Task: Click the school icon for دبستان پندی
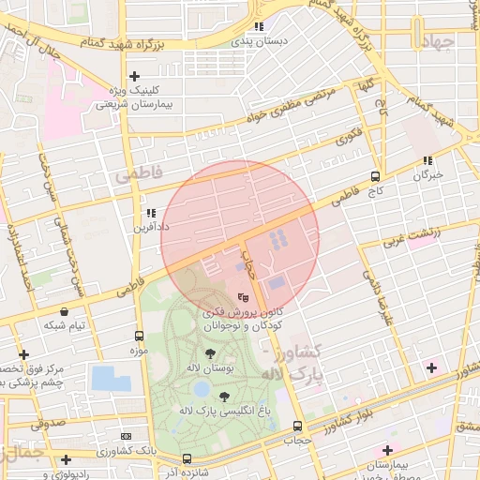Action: (260, 27)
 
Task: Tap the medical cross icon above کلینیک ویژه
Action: (135, 76)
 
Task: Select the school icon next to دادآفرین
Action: (150, 213)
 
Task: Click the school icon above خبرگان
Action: (427, 160)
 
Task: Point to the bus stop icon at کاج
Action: (375, 175)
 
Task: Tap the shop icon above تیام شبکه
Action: (64, 311)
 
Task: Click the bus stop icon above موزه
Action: (140, 336)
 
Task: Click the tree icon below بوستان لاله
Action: (209, 354)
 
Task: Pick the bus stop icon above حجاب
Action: (297, 425)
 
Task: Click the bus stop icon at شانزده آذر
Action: (187, 458)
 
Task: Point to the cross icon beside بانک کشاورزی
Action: (66, 459)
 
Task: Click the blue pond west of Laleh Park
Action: (111, 379)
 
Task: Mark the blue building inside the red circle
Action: (277, 281)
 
